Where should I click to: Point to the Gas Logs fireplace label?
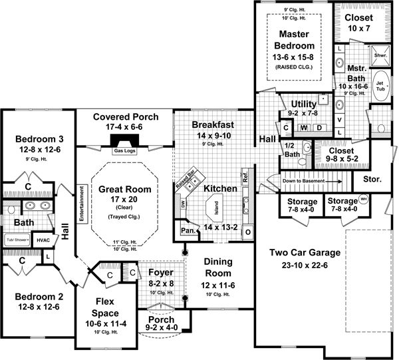pos(124,150)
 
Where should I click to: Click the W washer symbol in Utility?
pos(304,126)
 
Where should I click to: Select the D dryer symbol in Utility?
pos(319,126)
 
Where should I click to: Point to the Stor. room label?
pos(372,180)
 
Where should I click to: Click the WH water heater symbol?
pos(363,198)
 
